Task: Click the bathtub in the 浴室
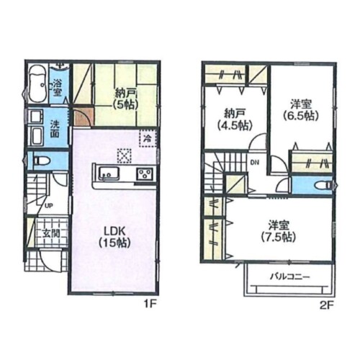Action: point(37,84)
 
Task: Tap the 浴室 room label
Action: point(57,89)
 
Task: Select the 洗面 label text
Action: point(55,129)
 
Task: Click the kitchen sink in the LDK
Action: point(109,173)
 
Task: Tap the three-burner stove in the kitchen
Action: point(145,174)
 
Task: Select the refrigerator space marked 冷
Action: point(148,138)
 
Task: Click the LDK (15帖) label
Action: point(114,238)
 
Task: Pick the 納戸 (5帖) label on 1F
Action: point(126,99)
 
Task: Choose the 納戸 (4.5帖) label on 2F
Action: point(235,120)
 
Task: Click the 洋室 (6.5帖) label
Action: point(301,110)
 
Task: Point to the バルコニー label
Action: point(290,277)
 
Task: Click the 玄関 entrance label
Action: point(51,233)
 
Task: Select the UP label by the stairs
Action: point(48,206)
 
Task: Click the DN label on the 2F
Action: point(255,163)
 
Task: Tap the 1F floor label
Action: point(150,305)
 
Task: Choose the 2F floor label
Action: point(328,305)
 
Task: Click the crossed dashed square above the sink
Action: point(124,156)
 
